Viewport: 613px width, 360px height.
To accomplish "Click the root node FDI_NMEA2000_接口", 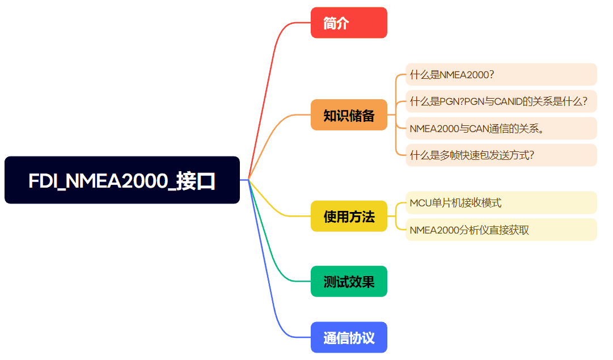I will coord(122,180).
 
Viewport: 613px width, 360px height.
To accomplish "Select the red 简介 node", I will coord(349,23).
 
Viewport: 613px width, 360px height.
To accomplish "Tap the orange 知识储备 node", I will coord(349,115).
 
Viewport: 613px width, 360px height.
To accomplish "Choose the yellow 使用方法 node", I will coord(349,216).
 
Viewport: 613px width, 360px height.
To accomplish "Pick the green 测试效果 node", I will coord(349,281).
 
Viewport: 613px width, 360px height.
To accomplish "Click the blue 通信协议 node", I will coord(349,337).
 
